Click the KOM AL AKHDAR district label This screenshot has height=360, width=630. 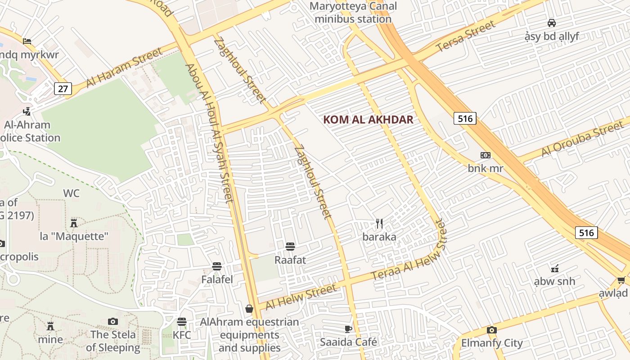(368, 119)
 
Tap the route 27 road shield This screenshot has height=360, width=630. (63, 89)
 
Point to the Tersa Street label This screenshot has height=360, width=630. (465, 36)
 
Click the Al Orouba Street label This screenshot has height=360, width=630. (582, 139)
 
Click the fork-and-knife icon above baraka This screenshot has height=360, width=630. (379, 223)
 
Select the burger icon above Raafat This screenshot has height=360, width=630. (290, 246)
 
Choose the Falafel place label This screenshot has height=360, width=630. (217, 279)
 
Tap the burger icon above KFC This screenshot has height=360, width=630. (182, 322)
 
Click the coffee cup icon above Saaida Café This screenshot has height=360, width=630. (348, 329)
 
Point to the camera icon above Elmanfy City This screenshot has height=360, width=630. (491, 330)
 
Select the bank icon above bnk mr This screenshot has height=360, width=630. (485, 155)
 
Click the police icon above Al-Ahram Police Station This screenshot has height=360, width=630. (27, 111)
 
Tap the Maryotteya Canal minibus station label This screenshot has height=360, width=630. (353, 13)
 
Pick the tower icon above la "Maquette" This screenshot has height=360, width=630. (74, 223)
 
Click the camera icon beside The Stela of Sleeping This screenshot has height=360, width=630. (113, 321)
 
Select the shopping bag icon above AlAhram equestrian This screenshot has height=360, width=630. (249, 309)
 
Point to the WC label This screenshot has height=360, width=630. (71, 193)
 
